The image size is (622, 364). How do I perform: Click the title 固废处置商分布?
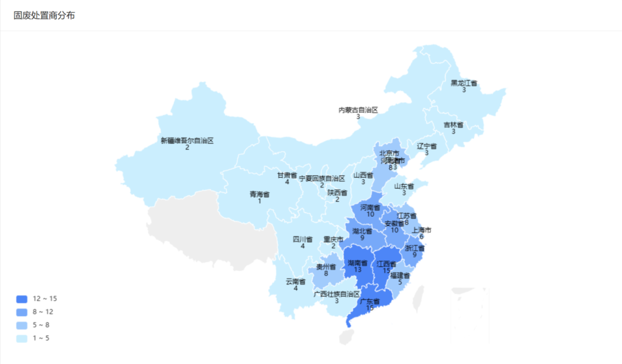pos(44,16)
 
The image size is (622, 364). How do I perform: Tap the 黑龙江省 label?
pos(464,83)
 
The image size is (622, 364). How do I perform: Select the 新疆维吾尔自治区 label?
pos(187,140)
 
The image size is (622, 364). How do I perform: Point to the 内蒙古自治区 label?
pos(358,110)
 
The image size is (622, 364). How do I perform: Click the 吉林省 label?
pos(453,125)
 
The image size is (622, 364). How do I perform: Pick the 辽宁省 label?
pos(427,146)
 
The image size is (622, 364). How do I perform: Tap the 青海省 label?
pos(259,194)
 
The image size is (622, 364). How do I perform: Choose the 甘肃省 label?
pos(287,175)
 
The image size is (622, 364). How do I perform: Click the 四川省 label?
pos(302,239)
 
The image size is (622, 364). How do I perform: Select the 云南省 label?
pos(295,282)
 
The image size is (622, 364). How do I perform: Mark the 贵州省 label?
pos(326,267)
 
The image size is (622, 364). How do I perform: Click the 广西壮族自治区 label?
pos(337,294)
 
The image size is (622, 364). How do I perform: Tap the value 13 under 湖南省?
pos(358,270)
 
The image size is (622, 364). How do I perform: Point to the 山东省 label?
pos(404,186)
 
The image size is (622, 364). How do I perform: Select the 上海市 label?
pos(421,230)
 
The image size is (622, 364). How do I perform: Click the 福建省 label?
pos(400,275)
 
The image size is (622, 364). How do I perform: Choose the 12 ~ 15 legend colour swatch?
pos(22,299)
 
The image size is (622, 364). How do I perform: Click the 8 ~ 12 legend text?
pos(43,312)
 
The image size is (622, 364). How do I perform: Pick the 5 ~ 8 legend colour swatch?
pos(22,325)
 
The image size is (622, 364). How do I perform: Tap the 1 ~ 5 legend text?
pos(41,338)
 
